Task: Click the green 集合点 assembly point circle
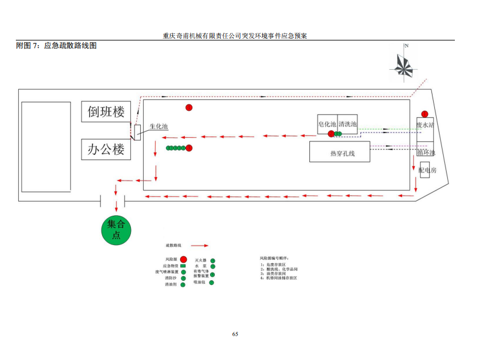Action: click(116, 229)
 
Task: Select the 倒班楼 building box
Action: click(106, 111)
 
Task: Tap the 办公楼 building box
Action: click(106, 149)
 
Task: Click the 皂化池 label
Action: click(327, 124)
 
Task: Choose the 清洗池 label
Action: click(347, 124)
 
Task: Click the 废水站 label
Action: click(425, 125)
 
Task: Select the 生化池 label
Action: click(158, 127)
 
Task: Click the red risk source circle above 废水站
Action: click(424, 114)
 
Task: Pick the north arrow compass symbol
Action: click(404, 63)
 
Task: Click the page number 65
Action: click(235, 334)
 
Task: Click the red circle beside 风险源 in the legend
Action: click(183, 259)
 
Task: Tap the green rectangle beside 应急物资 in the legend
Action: click(183, 266)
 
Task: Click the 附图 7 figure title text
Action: click(56, 46)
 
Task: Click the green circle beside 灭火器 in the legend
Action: click(212, 260)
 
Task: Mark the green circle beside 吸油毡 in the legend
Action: click(211, 283)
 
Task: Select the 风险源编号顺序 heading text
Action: click(274, 258)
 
